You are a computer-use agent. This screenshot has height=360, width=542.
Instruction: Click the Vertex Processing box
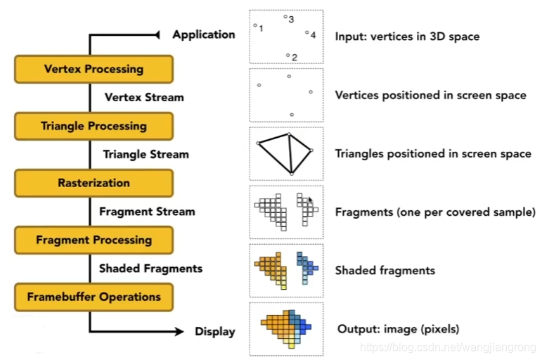[93, 70]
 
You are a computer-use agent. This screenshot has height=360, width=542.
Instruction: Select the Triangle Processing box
[93, 127]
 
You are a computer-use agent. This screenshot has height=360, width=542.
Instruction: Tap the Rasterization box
[93, 184]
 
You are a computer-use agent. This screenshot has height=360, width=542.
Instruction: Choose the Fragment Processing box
[93, 240]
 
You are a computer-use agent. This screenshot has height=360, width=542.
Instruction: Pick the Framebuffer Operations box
[93, 297]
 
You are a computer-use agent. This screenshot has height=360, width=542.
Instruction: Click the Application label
[204, 34]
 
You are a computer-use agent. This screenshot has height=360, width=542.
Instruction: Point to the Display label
[215, 332]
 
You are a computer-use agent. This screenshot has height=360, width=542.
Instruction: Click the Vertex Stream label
[144, 98]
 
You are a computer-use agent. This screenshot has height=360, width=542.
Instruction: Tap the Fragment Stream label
[147, 211]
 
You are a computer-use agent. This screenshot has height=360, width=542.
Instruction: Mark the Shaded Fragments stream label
[150, 268]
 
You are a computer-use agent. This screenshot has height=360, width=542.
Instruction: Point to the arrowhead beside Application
[158, 34]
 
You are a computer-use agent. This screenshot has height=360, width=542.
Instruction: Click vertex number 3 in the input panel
[285, 17]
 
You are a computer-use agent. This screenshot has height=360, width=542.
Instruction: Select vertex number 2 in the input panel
[288, 54]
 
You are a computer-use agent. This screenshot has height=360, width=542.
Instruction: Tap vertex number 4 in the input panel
[307, 32]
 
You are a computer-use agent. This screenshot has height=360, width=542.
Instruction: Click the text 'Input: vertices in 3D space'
[407, 36]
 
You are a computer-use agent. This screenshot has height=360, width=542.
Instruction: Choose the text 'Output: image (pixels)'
[398, 329]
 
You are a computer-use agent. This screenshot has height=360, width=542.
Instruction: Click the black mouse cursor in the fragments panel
[310, 200]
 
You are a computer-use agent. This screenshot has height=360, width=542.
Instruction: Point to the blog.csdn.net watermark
[448, 347]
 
